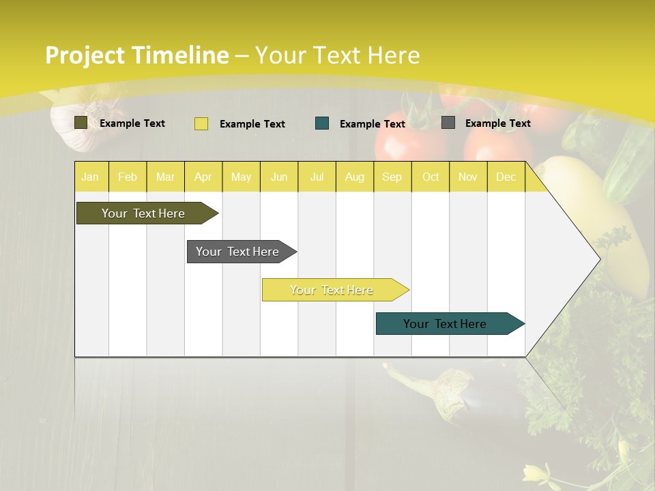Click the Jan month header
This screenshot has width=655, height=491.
coord(90,177)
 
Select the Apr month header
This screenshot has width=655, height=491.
coord(203,177)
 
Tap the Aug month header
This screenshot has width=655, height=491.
coord(354,177)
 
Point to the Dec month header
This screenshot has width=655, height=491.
coord(506,177)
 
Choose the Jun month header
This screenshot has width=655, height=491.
coord(278,177)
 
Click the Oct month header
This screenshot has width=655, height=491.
coord(431,177)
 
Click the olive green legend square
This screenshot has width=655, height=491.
coord(81,123)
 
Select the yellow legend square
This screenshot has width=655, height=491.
coord(201,123)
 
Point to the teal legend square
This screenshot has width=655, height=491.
coord(322,123)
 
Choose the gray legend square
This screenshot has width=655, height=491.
coord(448,123)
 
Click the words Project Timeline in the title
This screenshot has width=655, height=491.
coord(136,55)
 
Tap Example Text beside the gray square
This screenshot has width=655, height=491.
coord(497,123)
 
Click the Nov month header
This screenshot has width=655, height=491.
coord(467,177)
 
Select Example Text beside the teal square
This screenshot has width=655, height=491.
coord(372,124)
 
